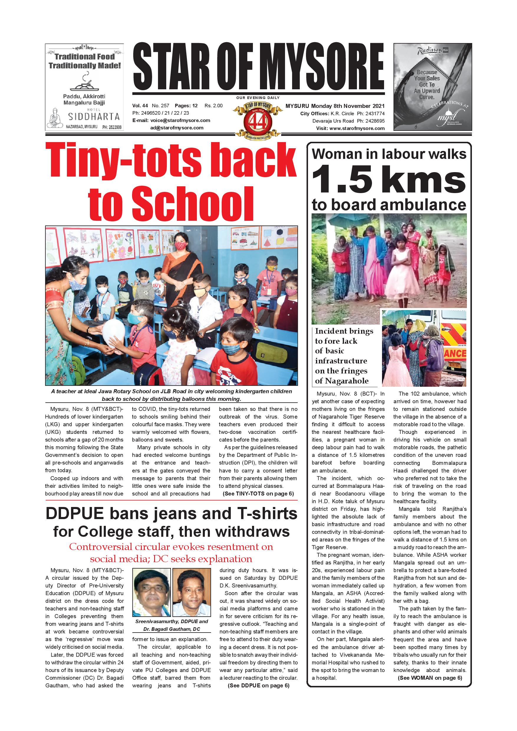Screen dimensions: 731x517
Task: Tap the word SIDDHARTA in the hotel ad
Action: [x=94, y=116]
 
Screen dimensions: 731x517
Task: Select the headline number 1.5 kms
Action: [x=389, y=180]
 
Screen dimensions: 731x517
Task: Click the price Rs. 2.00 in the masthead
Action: [x=213, y=106]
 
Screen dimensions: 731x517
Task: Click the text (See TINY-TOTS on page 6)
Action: [x=258, y=493]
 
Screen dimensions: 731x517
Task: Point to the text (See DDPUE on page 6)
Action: [x=258, y=686]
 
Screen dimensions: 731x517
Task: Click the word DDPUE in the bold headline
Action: [x=75, y=513]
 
